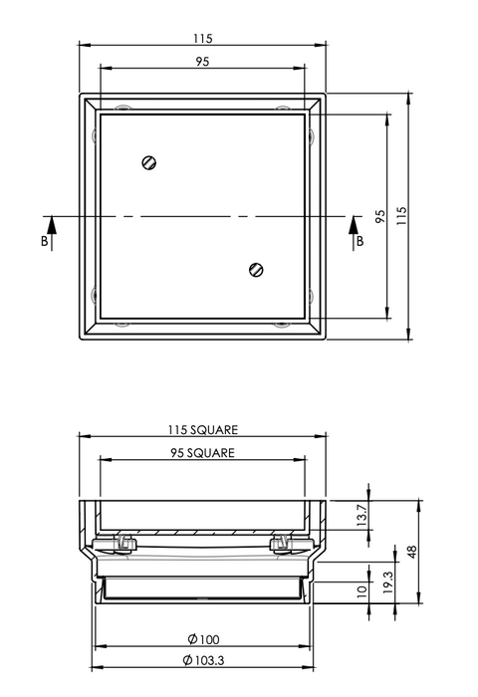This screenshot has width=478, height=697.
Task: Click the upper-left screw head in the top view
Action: coord(149,162)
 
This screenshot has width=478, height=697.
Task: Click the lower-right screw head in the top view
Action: coord(256,270)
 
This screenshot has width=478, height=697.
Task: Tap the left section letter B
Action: coord(45,241)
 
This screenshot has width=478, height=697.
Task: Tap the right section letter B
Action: coord(359,241)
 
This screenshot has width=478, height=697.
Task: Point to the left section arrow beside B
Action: coord(52,233)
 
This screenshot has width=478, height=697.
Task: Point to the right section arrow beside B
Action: coord(354,233)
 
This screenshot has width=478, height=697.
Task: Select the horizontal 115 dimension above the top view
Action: coord(203,39)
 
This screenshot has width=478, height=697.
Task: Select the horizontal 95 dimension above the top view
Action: coord(202,62)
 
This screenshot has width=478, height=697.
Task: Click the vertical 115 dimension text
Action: coord(401,216)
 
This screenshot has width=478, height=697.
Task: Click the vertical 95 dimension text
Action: coord(380,216)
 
